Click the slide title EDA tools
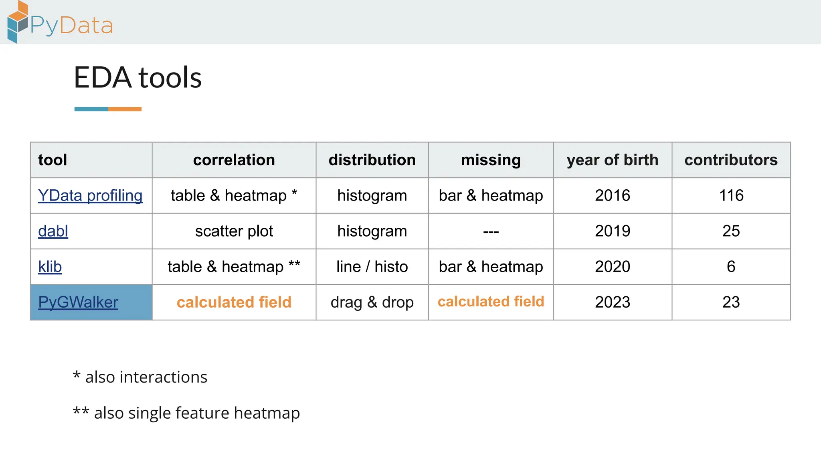coord(138,77)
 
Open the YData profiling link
coord(90,196)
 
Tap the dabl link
coord(53,231)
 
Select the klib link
coord(50,267)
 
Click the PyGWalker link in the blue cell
coord(78,302)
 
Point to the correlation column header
coord(234,160)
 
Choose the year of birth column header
coord(612,160)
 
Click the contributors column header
coord(731,160)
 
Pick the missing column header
coord(491,160)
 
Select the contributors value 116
coord(731,196)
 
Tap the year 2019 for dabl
coord(612,231)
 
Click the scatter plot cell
coord(234,231)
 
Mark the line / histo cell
coord(372,267)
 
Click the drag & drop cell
coord(372,302)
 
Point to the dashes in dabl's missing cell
coord(491,232)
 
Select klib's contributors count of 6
coord(731,267)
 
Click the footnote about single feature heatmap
coord(186,413)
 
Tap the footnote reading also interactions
coord(140,377)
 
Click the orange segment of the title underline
coord(125,109)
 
